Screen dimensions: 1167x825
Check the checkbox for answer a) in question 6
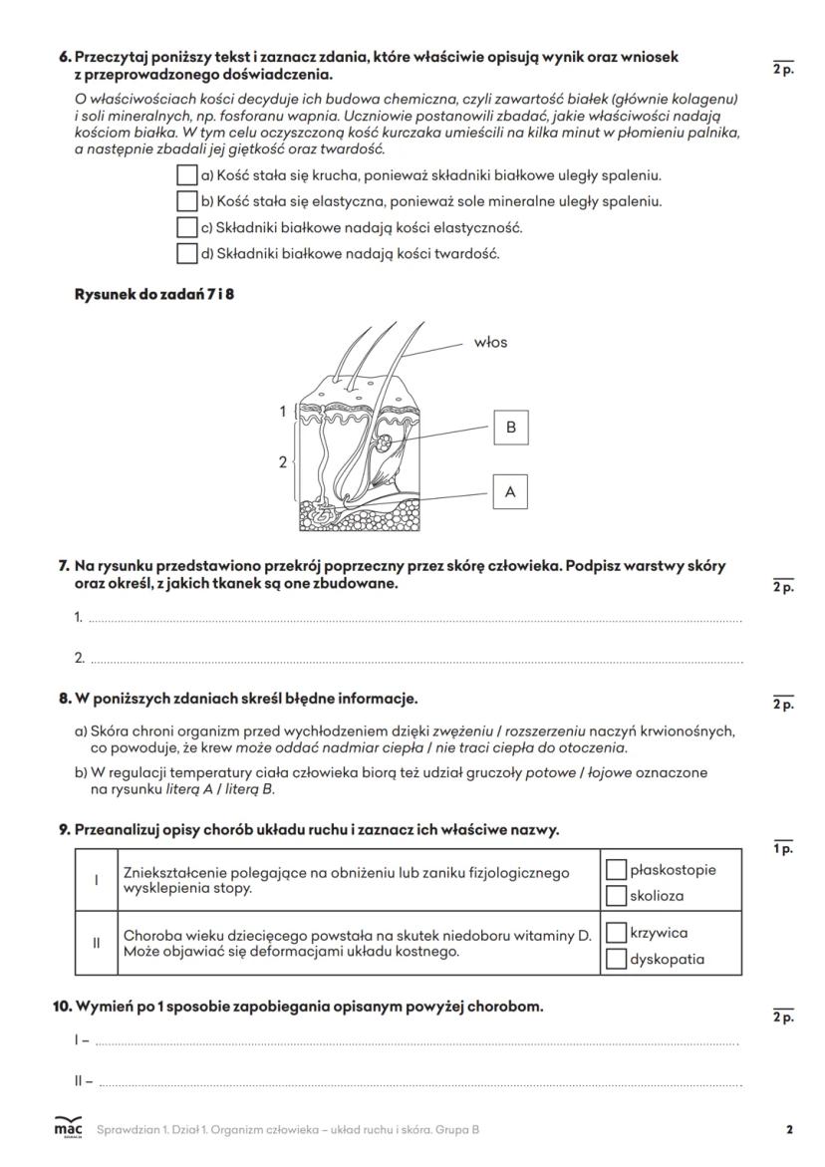[186, 175]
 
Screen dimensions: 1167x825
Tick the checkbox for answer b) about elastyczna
[186, 201]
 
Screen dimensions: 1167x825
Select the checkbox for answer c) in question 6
[186, 227]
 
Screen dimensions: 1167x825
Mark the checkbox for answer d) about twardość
[186, 253]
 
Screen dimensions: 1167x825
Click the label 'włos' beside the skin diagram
[491, 343]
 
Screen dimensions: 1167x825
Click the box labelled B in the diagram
[511, 428]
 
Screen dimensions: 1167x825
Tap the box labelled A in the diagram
[511, 492]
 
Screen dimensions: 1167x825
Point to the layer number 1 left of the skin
[283, 411]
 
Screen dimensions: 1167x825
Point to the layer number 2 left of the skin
[282, 462]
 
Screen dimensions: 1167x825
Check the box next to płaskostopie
[616, 870]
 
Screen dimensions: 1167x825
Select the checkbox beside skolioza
[616, 896]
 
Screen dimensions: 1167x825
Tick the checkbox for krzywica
[616, 934]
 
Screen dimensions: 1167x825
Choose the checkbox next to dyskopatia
[616, 960]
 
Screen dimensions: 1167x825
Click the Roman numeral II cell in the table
[96, 944]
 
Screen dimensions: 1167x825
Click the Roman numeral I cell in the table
[96, 880]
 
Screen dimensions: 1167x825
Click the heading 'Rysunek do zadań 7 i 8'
[156, 294]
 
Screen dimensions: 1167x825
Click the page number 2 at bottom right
[789, 1129]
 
